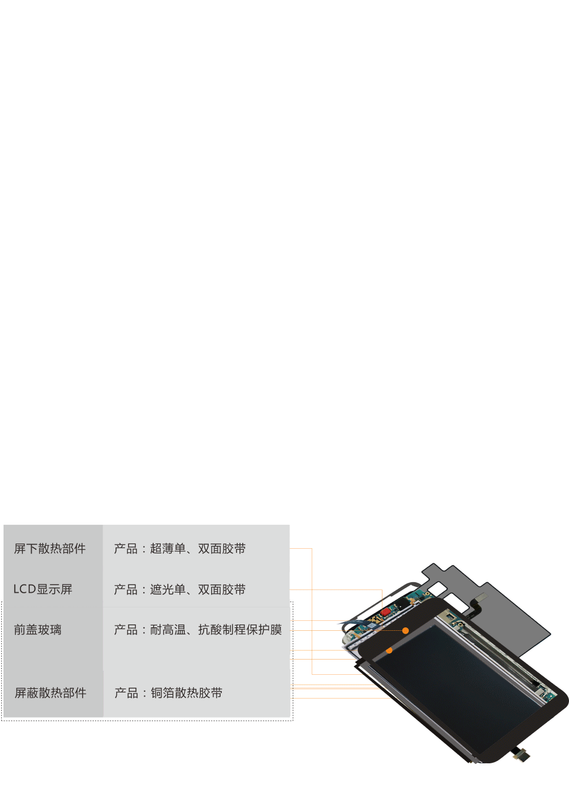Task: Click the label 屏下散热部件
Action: pyautogui.click(x=50, y=549)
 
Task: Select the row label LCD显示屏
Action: pyautogui.click(x=43, y=589)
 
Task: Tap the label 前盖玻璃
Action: pyautogui.click(x=38, y=630)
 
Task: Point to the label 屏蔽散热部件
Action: pyautogui.click(x=50, y=693)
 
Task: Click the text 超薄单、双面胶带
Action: pyautogui.click(x=198, y=549)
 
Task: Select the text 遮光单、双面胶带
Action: pyautogui.click(x=198, y=589)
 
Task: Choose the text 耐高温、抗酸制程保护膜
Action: pyautogui.click(x=216, y=630)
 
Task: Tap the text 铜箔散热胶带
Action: pyautogui.click(x=187, y=693)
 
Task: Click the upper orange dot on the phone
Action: pyautogui.click(x=405, y=631)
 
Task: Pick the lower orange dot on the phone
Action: pyautogui.click(x=390, y=651)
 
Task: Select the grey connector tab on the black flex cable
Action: pyautogui.click(x=481, y=597)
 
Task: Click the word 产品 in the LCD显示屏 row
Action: pyautogui.click(x=126, y=589)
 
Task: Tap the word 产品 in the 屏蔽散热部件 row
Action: pyautogui.click(x=126, y=693)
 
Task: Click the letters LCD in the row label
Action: pyautogui.click(x=25, y=589)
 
